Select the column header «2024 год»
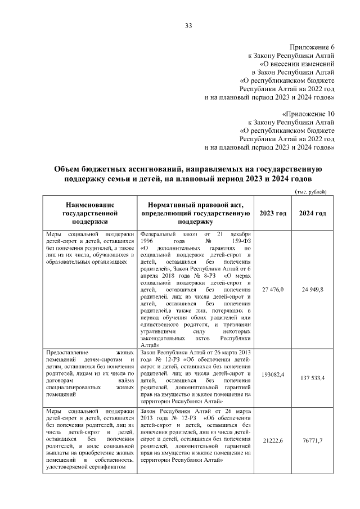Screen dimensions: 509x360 pyautogui.click(x=312, y=214)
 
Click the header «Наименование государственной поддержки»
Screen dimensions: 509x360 pyautogui.click(x=90, y=214)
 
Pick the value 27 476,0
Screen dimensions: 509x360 pyautogui.click(x=273, y=289)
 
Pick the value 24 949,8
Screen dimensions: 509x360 pyautogui.click(x=312, y=289)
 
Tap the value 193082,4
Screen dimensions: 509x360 pyautogui.click(x=273, y=373)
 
